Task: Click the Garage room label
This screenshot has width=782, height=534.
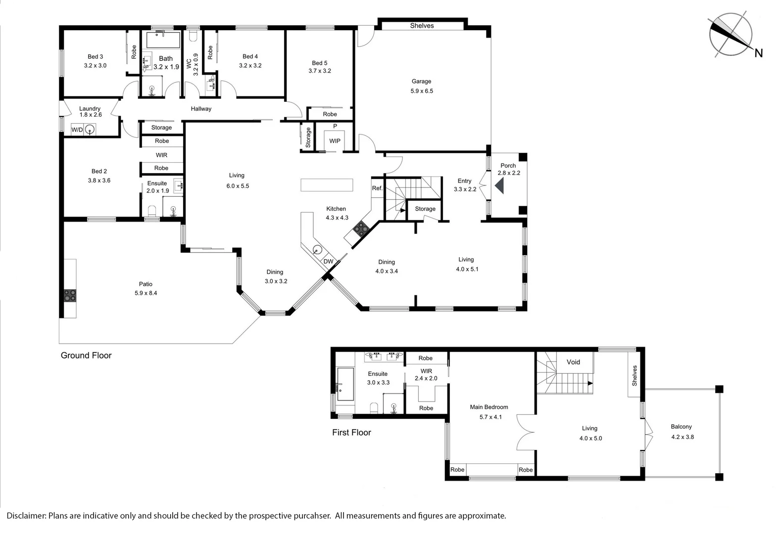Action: pyautogui.click(x=421, y=81)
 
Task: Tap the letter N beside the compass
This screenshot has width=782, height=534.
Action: pyautogui.click(x=758, y=53)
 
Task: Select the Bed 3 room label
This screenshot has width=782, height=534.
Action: pyautogui.click(x=96, y=56)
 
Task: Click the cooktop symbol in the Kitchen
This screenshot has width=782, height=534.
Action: pyautogui.click(x=361, y=228)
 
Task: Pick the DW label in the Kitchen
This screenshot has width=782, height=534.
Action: pyautogui.click(x=328, y=261)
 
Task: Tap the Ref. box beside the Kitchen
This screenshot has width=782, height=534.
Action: pyautogui.click(x=377, y=188)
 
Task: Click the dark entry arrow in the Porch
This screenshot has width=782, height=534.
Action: pyautogui.click(x=499, y=185)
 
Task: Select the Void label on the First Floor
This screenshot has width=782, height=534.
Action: pyautogui.click(x=573, y=362)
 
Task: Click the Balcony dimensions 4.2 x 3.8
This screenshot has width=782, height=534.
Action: pyautogui.click(x=683, y=437)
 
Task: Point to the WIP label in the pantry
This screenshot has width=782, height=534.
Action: pyautogui.click(x=335, y=141)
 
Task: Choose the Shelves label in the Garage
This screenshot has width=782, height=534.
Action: pyautogui.click(x=422, y=25)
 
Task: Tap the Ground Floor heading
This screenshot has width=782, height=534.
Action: pyautogui.click(x=86, y=356)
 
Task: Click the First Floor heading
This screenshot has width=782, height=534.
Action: pyautogui.click(x=351, y=433)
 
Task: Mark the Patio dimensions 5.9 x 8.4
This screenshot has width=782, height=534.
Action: pyautogui.click(x=146, y=293)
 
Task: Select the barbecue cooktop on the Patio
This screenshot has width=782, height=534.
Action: pyautogui.click(x=70, y=295)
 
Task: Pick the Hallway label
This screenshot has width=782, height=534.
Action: pyautogui.click(x=201, y=109)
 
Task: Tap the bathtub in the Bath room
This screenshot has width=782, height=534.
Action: pyautogui.click(x=163, y=40)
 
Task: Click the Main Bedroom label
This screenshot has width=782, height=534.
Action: pyautogui.click(x=489, y=407)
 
